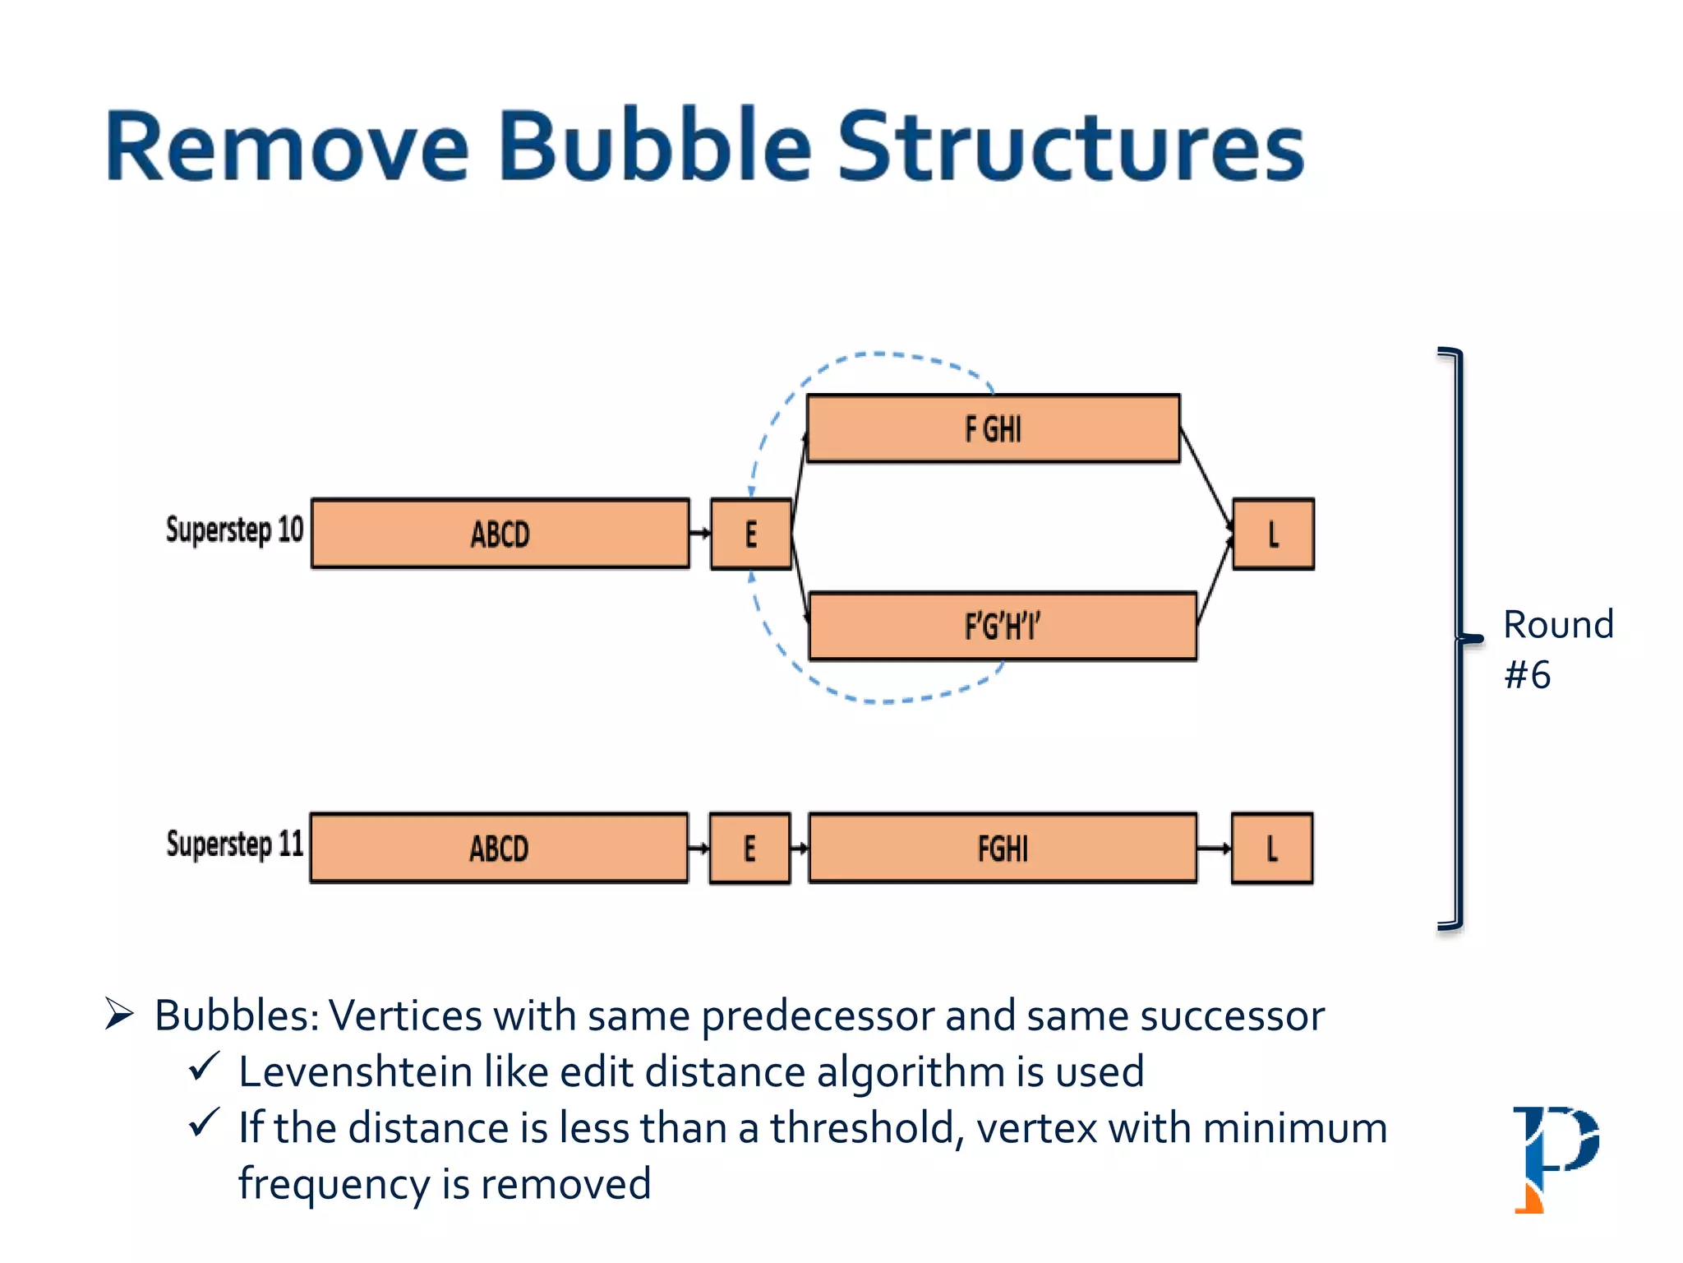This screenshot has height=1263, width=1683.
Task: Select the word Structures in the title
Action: click(x=1070, y=146)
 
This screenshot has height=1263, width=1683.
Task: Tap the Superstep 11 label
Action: click(x=234, y=844)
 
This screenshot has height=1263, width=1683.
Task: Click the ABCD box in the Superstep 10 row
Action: click(x=500, y=534)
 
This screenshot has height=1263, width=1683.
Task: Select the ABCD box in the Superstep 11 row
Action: click(x=499, y=848)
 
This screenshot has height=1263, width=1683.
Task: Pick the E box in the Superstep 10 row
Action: click(x=750, y=534)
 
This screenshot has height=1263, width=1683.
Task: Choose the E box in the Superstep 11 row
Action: click(x=749, y=848)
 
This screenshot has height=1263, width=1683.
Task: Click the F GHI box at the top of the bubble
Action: click(x=993, y=428)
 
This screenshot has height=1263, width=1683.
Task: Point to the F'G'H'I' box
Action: click(x=1002, y=626)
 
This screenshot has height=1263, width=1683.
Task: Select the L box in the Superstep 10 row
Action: click(x=1273, y=534)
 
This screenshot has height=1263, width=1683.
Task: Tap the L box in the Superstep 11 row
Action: click(x=1271, y=848)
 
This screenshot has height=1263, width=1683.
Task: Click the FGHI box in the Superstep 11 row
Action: click(x=1003, y=848)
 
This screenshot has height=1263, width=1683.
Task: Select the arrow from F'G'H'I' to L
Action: click(x=1215, y=581)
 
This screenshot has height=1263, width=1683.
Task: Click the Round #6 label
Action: click(x=1556, y=650)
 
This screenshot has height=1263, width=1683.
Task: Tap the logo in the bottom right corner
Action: click(x=1554, y=1158)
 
